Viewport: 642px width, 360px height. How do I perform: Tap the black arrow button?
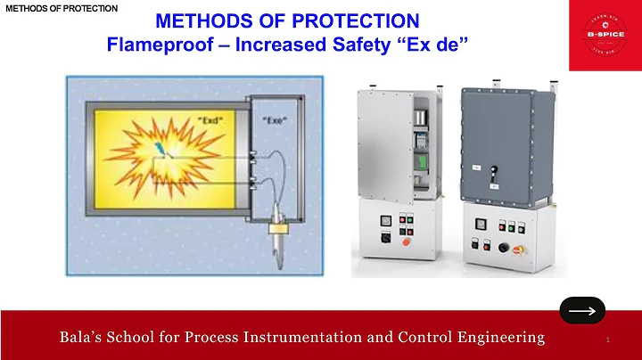[x=581, y=310]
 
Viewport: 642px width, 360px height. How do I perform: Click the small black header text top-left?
[x=61, y=7]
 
